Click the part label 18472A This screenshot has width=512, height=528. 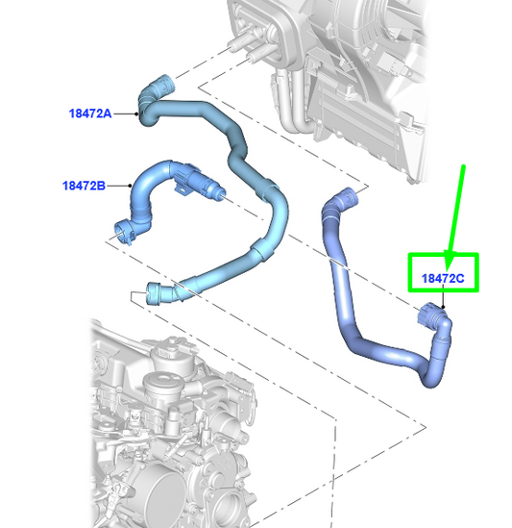coord(90,113)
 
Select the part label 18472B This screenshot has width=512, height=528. coord(84,186)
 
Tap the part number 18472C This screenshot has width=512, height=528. coord(443,279)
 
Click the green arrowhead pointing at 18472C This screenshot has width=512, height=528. coord(450,261)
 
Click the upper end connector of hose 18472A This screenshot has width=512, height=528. coord(164,85)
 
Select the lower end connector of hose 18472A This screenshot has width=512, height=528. coord(155,293)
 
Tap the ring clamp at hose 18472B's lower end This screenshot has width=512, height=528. coord(124,232)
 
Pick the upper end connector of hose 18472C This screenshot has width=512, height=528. coord(346,198)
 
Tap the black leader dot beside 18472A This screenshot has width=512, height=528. coord(136,113)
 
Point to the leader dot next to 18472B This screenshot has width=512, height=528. coord(130,186)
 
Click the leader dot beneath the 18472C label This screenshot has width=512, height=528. coord(443,307)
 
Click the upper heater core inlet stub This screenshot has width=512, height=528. coord(239,41)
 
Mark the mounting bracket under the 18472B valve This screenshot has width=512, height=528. coord(183,189)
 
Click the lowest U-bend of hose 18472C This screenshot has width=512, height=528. coord(430,377)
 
